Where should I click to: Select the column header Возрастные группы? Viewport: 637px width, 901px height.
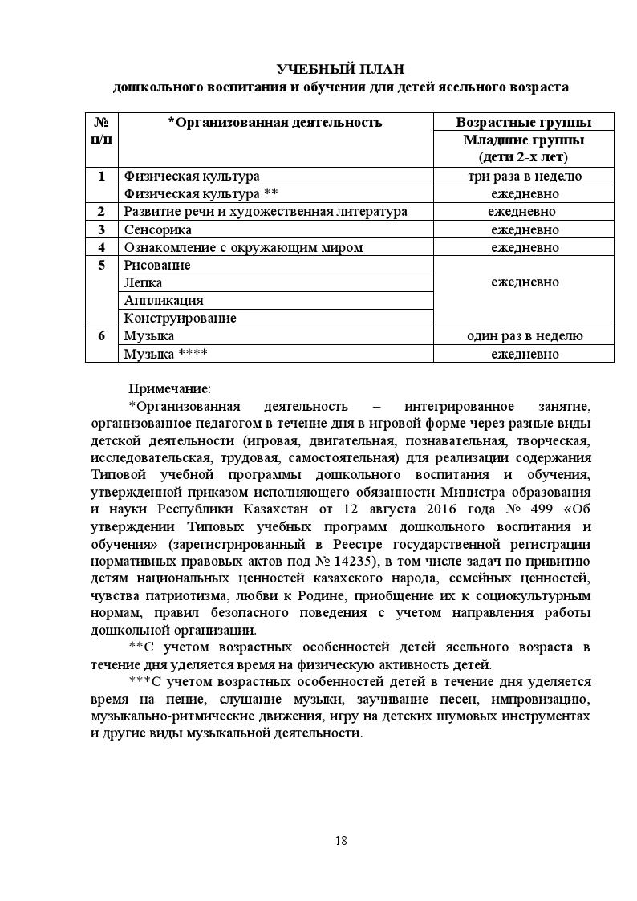524,122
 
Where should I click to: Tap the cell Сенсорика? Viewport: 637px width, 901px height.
157,229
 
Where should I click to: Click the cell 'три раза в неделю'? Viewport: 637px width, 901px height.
524,176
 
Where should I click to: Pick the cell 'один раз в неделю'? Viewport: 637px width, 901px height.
524,335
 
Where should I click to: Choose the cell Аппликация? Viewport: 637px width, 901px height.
163,300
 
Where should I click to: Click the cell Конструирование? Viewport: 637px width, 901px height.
179,318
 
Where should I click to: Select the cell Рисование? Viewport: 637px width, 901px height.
156,265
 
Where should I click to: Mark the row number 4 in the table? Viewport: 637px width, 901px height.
101,247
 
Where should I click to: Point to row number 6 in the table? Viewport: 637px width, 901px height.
101,335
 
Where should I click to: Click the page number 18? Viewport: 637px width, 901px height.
341,841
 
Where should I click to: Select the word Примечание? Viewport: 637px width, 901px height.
169,389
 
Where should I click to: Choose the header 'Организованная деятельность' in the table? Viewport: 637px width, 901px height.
274,122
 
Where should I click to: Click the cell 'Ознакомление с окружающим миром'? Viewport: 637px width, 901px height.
242,247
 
